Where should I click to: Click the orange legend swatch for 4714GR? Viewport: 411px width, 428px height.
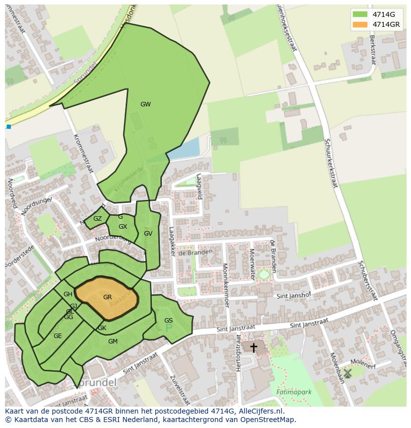(x=360, y=24)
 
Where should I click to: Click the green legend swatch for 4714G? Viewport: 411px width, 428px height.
(x=360, y=14)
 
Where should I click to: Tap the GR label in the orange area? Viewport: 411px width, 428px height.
(x=107, y=297)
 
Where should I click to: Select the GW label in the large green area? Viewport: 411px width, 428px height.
(x=145, y=104)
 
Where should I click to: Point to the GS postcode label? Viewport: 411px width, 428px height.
(x=168, y=321)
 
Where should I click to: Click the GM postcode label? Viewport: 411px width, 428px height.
(x=113, y=341)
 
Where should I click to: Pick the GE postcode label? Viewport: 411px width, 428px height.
(x=58, y=336)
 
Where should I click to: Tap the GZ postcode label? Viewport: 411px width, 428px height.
(x=97, y=219)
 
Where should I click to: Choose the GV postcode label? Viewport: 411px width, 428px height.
(x=148, y=234)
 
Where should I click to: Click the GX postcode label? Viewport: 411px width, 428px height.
(x=123, y=227)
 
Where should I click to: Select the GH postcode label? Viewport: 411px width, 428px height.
(x=68, y=294)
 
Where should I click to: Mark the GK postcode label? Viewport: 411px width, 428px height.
(x=102, y=328)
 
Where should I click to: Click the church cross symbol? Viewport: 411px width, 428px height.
(x=254, y=347)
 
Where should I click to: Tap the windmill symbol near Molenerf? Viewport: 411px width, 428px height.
(x=347, y=373)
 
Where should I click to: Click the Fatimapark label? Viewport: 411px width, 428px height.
(x=294, y=392)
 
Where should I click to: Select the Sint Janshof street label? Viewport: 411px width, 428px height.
(x=293, y=296)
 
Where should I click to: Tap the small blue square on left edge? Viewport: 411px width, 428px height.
(x=8, y=127)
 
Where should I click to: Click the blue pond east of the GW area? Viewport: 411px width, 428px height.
(x=184, y=149)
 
